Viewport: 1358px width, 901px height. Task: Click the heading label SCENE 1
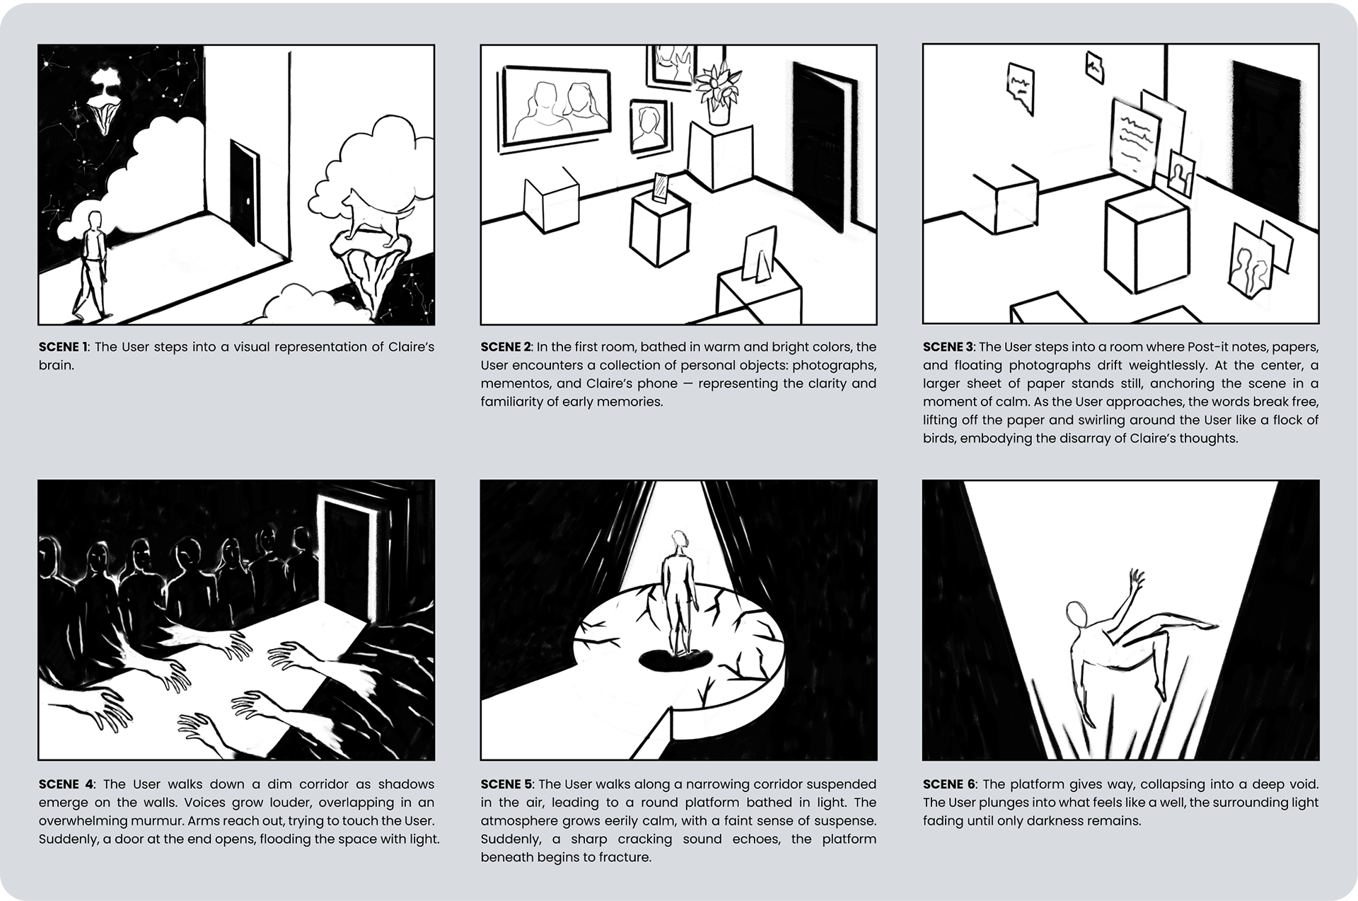click(x=64, y=347)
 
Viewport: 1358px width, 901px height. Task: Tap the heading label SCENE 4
click(x=66, y=784)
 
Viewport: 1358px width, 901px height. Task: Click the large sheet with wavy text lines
click(x=1133, y=140)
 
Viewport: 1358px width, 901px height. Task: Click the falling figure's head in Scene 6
click(x=1077, y=614)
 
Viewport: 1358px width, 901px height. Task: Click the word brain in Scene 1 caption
click(x=55, y=365)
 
